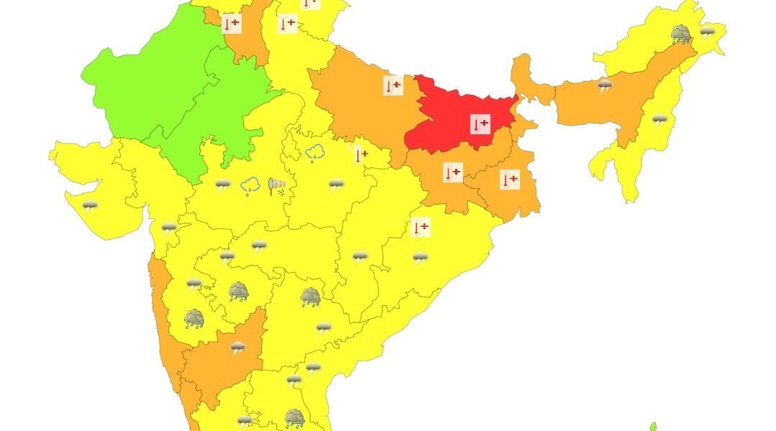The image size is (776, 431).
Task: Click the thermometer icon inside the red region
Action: point(480,124)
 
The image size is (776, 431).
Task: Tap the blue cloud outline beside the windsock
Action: point(250,186)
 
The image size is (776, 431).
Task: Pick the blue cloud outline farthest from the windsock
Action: point(314,152)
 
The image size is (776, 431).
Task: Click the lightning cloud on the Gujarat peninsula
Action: point(89,206)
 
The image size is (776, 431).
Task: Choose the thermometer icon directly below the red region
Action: point(452,172)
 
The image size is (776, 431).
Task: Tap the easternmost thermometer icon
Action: point(509,179)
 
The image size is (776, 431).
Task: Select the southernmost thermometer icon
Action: point(420,228)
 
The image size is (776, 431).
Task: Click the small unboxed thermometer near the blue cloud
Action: point(360,154)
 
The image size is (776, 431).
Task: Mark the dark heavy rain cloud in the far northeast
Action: point(681,34)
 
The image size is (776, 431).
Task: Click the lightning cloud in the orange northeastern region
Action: point(606,86)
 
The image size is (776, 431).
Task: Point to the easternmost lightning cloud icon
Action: point(708,32)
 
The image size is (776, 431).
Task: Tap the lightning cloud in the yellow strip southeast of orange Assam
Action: point(659,119)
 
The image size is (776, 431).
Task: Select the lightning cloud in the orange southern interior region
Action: point(238,348)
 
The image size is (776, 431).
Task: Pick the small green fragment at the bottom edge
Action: point(653,427)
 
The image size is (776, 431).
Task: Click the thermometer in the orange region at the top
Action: point(231,24)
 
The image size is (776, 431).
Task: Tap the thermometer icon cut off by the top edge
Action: point(310,3)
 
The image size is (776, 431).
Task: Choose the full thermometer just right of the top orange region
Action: point(288,24)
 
